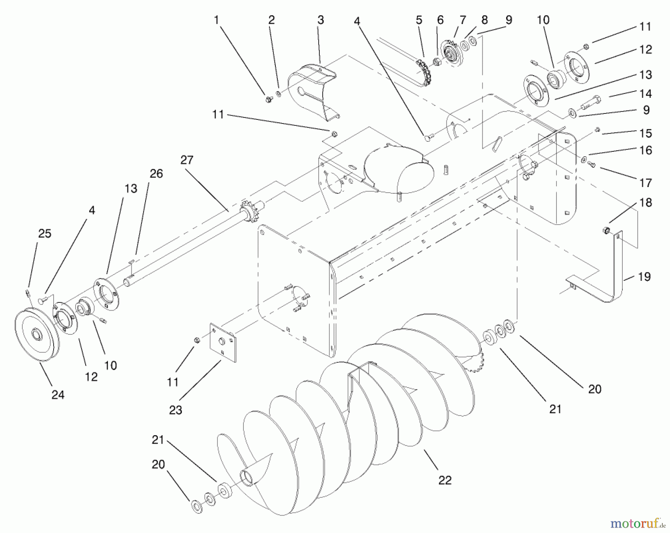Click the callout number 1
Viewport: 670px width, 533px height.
[x=216, y=20]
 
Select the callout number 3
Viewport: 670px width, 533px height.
[x=320, y=20]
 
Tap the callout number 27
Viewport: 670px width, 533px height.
[x=187, y=160]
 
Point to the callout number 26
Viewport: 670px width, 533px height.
[x=156, y=174]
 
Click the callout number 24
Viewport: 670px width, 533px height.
[x=58, y=395]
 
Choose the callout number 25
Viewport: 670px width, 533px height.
[x=45, y=234]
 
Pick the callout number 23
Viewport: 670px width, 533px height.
[x=175, y=410]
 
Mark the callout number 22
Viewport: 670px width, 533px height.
[x=445, y=480]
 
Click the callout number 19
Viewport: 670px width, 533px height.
[x=644, y=277]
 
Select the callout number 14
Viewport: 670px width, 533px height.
[x=646, y=94]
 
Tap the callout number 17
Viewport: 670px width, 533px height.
[x=646, y=183]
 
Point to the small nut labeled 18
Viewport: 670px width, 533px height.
[x=605, y=230]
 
